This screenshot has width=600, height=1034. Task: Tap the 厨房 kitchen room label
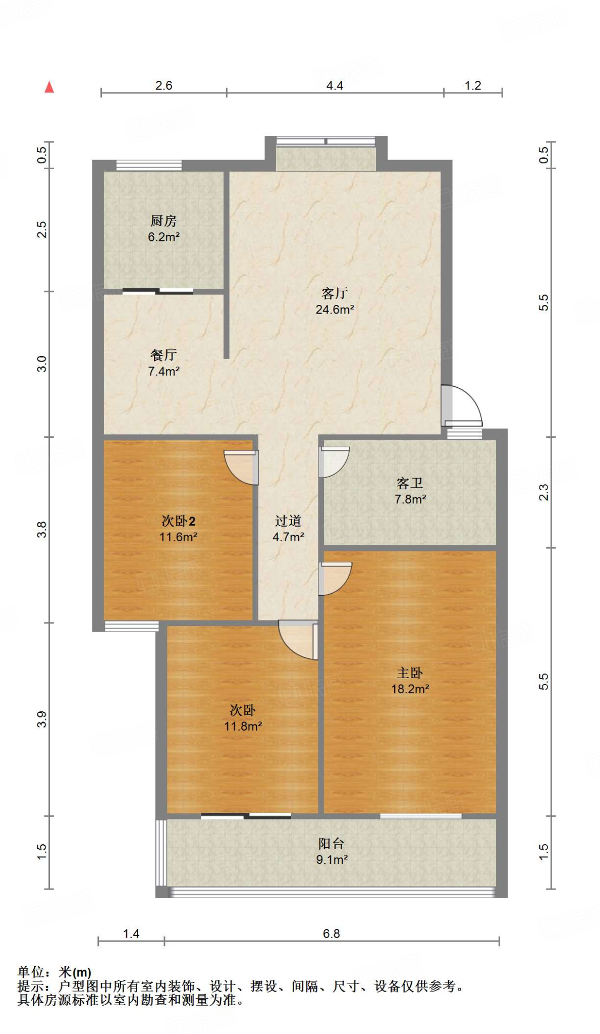tap(163, 221)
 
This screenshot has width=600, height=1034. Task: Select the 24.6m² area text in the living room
tap(335, 309)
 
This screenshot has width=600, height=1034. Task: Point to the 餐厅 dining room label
tap(163, 355)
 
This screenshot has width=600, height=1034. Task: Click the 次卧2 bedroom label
tap(178, 521)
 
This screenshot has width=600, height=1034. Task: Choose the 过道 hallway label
tap(288, 521)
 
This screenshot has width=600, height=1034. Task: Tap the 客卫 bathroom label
tap(410, 483)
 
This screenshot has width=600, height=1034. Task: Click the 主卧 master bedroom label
tap(410, 673)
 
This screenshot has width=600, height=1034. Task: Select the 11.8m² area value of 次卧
tap(243, 726)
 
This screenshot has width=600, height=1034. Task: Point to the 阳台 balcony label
tap(331, 843)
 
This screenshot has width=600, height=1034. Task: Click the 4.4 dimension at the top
tap(335, 85)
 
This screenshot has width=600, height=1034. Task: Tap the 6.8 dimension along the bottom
tap(332, 934)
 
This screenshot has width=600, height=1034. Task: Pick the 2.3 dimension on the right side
tap(543, 492)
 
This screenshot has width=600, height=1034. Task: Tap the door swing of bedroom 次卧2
tap(241, 467)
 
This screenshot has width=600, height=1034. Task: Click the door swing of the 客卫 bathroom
tap(334, 462)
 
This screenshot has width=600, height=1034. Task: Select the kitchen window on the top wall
tap(149, 165)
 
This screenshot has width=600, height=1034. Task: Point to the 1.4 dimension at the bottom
tap(131, 934)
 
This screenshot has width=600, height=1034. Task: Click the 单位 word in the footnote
tap(31, 972)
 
